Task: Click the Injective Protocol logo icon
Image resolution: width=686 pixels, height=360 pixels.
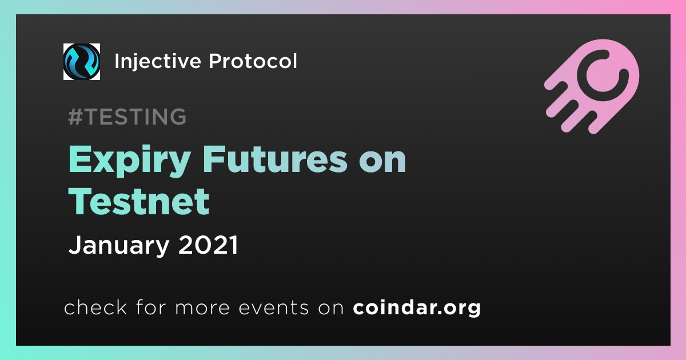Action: pyautogui.click(x=81, y=62)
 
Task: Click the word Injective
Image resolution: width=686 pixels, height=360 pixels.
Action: pyautogui.click(x=158, y=62)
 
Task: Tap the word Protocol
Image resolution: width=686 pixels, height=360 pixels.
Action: pyautogui.click(x=253, y=61)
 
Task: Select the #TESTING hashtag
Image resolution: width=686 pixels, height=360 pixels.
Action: pyautogui.click(x=127, y=117)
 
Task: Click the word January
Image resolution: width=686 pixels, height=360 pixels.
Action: pyautogui.click(x=119, y=246)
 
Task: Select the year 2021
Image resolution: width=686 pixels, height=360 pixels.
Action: pyautogui.click(x=208, y=245)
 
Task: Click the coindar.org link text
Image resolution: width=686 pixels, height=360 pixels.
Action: pyautogui.click(x=417, y=307)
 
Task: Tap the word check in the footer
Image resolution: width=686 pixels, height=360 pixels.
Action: pyautogui.click(x=95, y=307)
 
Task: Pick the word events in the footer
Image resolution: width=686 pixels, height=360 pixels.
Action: pyautogui.click(x=274, y=307)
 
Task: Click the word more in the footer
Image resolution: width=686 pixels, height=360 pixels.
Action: pyautogui.click(x=202, y=308)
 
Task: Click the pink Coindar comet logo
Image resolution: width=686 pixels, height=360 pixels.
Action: pyautogui.click(x=592, y=86)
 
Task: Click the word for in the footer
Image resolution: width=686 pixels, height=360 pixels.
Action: pyautogui.click(x=151, y=307)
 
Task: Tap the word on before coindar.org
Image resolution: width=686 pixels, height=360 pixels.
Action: pyautogui.click(x=331, y=308)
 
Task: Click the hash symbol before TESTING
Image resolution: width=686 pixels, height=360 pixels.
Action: pyautogui.click(x=75, y=117)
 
